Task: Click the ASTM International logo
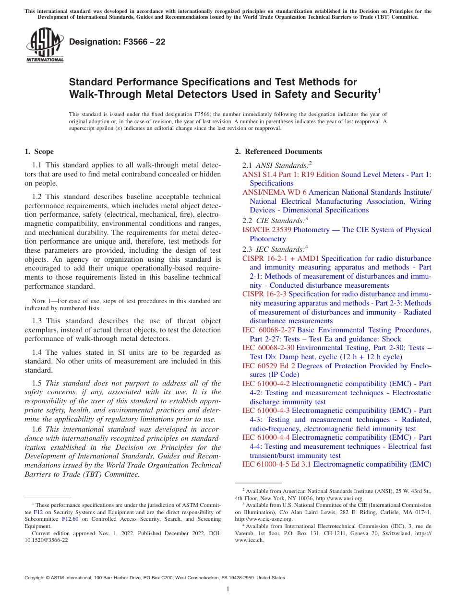[x=45, y=46]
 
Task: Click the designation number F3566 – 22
[x=117, y=42]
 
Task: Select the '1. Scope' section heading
[x=39, y=152]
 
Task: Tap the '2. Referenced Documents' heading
[x=278, y=152]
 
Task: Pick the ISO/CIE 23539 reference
[x=267, y=230]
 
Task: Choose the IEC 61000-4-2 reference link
[x=266, y=384]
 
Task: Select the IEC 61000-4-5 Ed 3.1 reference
[x=276, y=464]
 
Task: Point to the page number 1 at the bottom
[x=228, y=589]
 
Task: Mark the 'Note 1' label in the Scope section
[x=40, y=301]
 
